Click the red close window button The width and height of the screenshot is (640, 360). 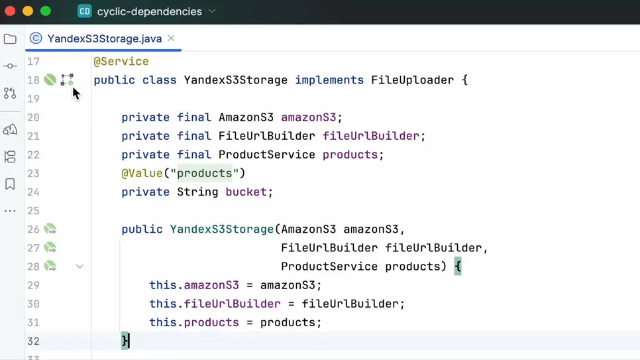click(x=10, y=11)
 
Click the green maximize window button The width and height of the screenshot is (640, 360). click(x=46, y=11)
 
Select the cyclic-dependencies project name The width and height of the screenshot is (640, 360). click(x=149, y=11)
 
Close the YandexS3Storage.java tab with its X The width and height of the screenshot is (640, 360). click(x=171, y=38)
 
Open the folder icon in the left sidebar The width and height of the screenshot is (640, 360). click(x=10, y=39)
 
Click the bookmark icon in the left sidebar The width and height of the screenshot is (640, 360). click(x=10, y=184)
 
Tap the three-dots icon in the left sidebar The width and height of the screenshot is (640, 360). click(x=10, y=211)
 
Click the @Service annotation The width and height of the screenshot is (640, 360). click(x=121, y=62)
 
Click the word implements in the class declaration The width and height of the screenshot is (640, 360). click(x=329, y=80)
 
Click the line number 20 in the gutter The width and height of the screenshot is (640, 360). click(x=33, y=117)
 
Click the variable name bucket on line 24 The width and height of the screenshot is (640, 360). click(x=246, y=192)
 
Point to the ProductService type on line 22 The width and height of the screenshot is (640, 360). click(x=267, y=155)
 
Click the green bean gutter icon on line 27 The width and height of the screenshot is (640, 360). click(x=50, y=248)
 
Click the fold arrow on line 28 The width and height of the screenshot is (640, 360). click(x=80, y=267)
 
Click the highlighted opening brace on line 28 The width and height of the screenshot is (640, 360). click(x=458, y=267)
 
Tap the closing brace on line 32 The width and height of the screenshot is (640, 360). click(x=125, y=341)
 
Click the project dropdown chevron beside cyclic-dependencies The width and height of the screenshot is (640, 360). click(x=212, y=11)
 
